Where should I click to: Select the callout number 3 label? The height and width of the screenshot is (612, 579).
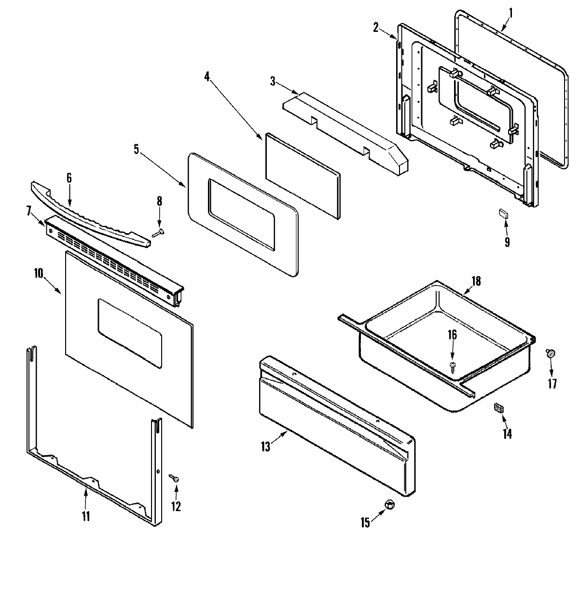(273, 81)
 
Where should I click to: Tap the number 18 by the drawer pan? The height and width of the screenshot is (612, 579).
(476, 281)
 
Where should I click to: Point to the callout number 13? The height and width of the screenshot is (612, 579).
(265, 447)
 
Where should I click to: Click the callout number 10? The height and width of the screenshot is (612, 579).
(38, 273)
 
